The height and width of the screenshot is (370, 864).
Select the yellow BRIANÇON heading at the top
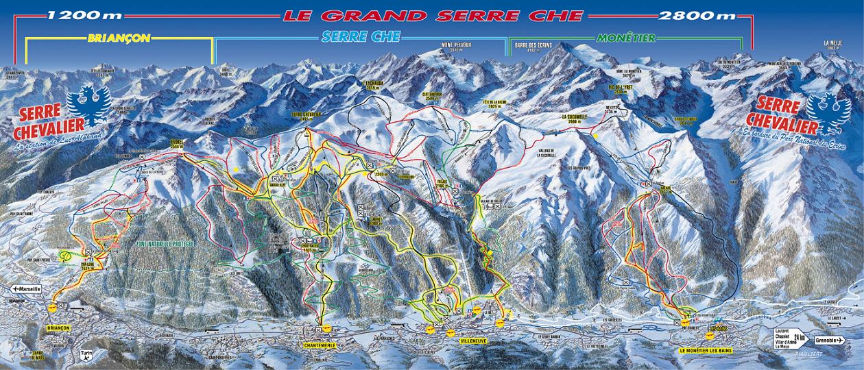point(119,38)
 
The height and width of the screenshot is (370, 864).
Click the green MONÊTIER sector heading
point(626,38)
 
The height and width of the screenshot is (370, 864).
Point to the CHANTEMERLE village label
point(318,345)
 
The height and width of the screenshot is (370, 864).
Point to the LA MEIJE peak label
point(832,44)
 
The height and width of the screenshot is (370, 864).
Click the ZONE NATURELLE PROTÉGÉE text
point(165,244)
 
